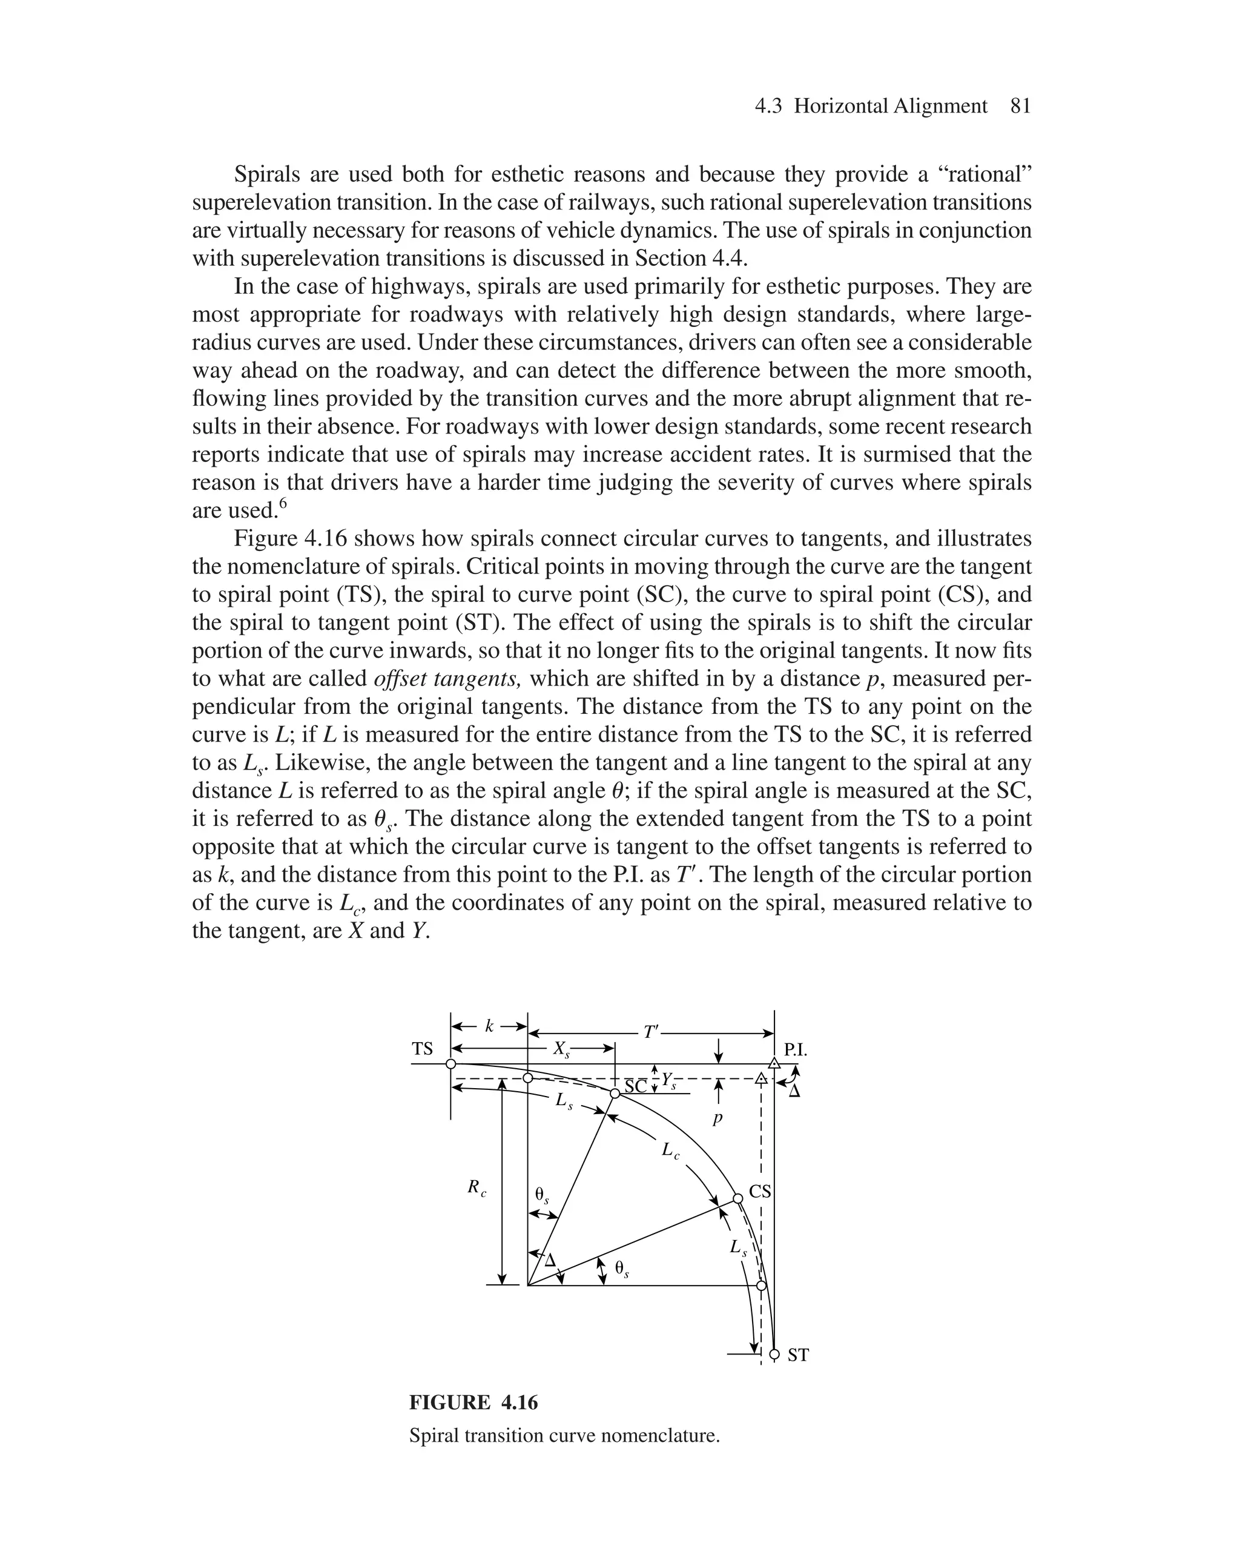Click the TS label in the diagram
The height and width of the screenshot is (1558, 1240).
pyautogui.click(x=422, y=1049)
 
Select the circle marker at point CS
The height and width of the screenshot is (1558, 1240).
pyautogui.click(x=738, y=1198)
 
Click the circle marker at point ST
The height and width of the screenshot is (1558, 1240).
pyautogui.click(x=774, y=1353)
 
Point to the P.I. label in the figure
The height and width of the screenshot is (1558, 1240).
pyautogui.click(x=796, y=1050)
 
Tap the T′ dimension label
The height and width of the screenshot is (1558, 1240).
pyautogui.click(x=651, y=1032)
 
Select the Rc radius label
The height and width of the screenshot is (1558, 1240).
pyautogui.click(x=476, y=1187)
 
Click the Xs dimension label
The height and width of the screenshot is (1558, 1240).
pyautogui.click(x=561, y=1049)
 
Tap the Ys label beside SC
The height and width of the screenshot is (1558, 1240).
pyautogui.click(x=669, y=1081)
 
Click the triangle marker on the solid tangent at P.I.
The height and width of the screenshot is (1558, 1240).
pyautogui.click(x=774, y=1064)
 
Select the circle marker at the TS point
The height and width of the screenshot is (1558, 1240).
pyautogui.click(x=451, y=1064)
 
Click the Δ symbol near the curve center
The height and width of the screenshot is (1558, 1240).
pyautogui.click(x=550, y=1261)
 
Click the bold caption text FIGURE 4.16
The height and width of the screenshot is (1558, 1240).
pyautogui.click(x=473, y=1402)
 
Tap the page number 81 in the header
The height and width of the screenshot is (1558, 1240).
pyautogui.click(x=1020, y=106)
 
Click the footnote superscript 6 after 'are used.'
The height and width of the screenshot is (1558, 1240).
pyautogui.click(x=283, y=504)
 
